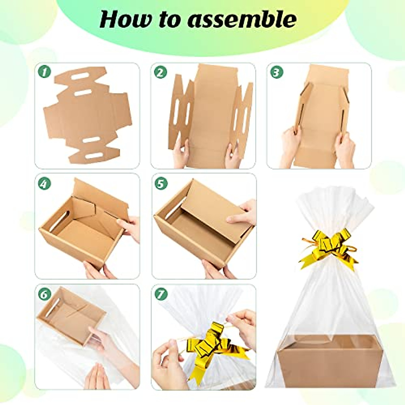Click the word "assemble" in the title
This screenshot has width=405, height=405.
(242, 20)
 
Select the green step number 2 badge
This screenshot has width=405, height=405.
(160, 72)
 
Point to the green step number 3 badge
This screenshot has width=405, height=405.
(276, 72)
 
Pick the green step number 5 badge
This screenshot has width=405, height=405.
(161, 183)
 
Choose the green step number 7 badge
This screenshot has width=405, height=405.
(161, 294)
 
